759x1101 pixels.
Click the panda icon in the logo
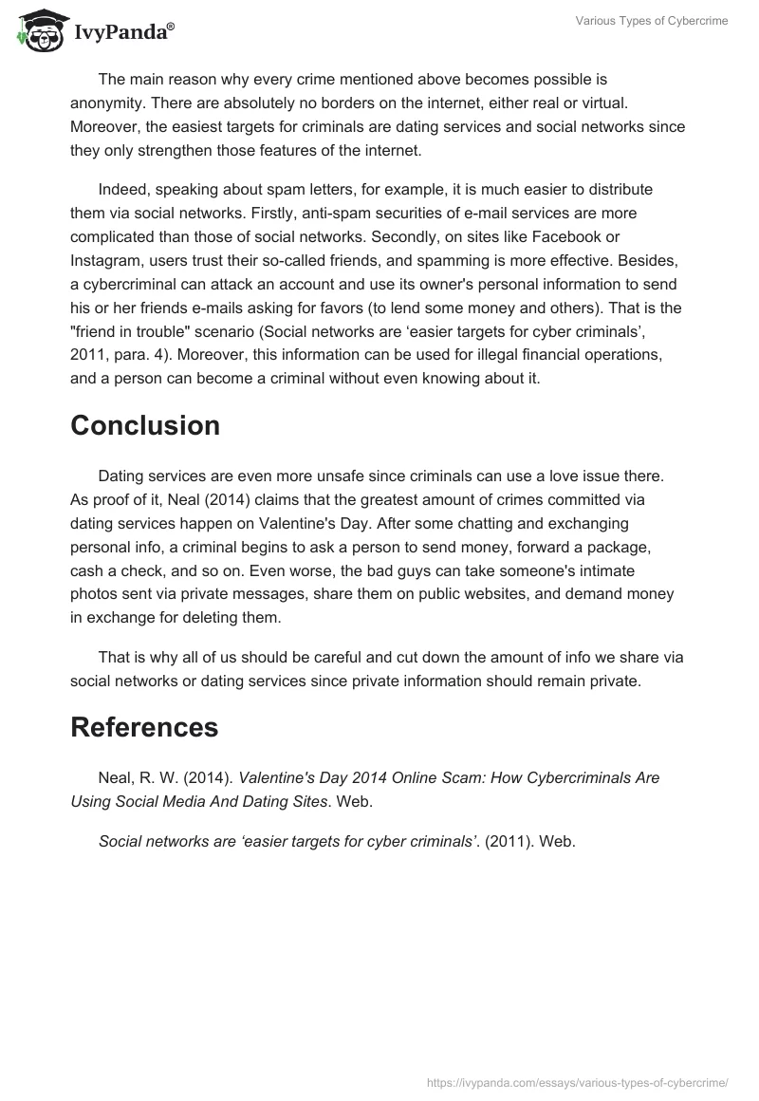tap(39, 30)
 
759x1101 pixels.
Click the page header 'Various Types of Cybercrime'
tap(652, 21)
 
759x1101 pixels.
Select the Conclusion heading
tap(145, 426)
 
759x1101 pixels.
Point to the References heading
tap(144, 727)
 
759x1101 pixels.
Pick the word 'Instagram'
tap(105, 260)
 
